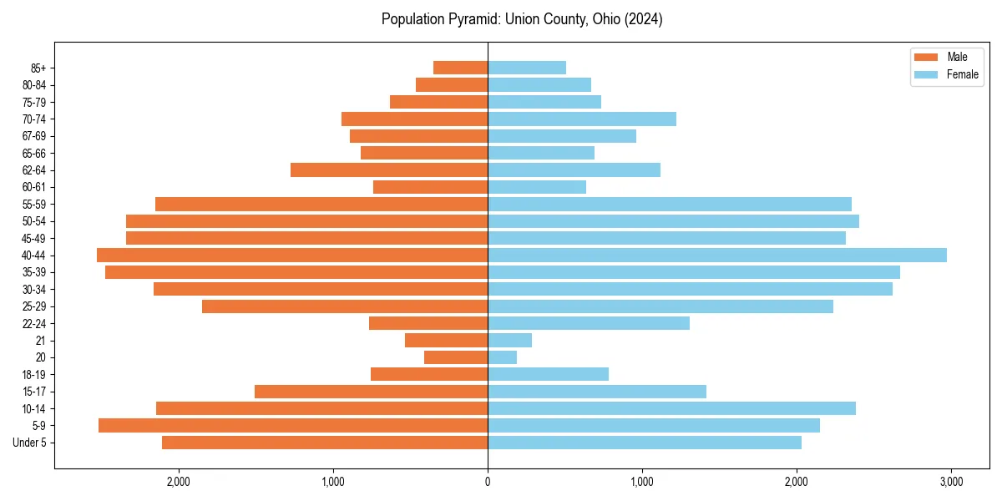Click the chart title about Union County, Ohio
tap(522, 19)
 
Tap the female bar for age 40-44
tap(716, 256)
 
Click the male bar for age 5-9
tap(293, 426)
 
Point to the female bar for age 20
tap(502, 357)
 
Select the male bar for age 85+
tap(460, 68)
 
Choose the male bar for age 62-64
tap(389, 170)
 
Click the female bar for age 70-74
tap(581, 119)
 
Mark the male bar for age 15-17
tap(371, 392)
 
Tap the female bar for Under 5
tap(644, 443)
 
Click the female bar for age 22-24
tap(588, 323)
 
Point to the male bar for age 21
tap(446, 341)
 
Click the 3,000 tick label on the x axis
tap(951, 482)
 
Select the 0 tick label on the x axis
tap(488, 482)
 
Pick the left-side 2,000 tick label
tap(179, 482)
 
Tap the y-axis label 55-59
tap(33, 205)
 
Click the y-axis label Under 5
tap(30, 443)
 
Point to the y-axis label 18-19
tap(33, 375)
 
